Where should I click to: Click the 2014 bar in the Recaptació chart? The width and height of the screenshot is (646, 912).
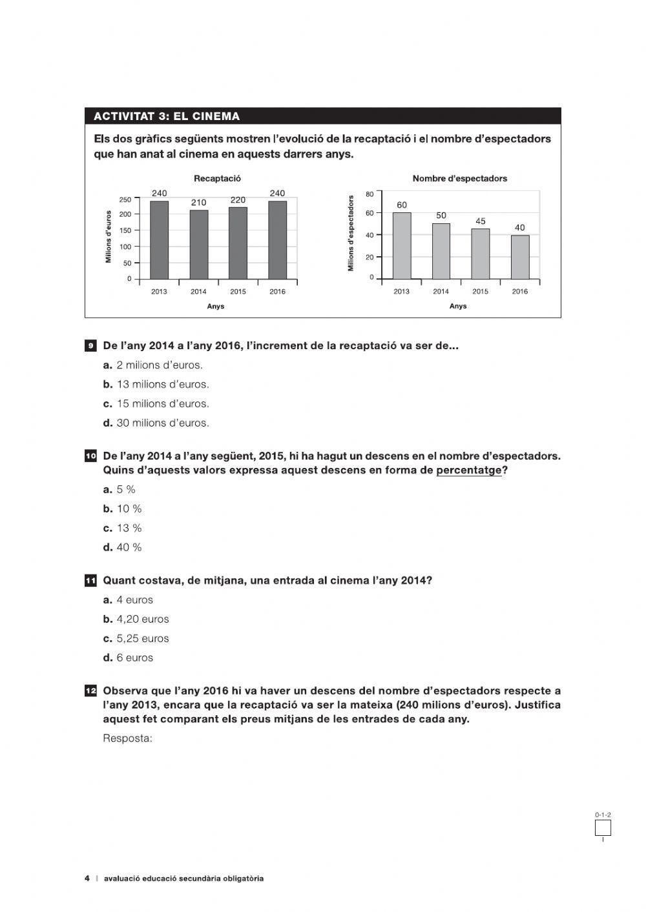coord(198,245)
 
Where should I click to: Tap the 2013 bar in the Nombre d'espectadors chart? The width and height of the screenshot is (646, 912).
coord(402,246)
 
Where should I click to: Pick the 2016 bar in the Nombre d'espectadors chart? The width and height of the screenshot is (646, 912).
coord(520,257)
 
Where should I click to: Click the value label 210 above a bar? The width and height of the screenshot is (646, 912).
coord(198,203)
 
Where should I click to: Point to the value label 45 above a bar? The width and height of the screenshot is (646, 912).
coord(481,221)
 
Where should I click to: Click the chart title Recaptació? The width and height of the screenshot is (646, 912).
coord(217,178)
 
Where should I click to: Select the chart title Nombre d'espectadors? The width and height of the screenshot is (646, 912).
coord(459,178)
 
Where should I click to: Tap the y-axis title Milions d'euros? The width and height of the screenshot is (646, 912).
coord(109,236)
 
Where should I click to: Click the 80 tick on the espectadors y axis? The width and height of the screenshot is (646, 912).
coord(370,194)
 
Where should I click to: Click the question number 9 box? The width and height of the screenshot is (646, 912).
coord(91,346)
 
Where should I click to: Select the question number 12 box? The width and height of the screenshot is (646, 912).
coord(91,691)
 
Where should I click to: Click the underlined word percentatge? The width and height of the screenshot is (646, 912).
coord(468,470)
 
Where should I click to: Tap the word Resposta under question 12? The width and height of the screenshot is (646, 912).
coord(127,738)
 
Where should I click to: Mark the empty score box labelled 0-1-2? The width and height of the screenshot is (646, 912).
coord(603,827)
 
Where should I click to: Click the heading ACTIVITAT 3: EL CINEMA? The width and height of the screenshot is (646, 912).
coord(167,116)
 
